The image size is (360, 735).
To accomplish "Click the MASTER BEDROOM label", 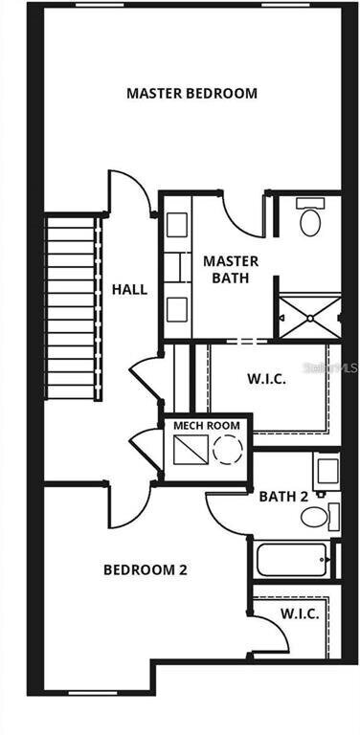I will (x=191, y=94).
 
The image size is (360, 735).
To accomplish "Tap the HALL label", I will (x=129, y=289).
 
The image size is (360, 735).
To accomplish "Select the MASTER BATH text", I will (x=226, y=269).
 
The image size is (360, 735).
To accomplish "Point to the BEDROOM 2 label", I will (x=145, y=570).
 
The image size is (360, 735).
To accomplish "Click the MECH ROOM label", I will (x=204, y=425).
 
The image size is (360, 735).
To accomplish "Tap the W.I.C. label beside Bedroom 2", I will (x=300, y=613).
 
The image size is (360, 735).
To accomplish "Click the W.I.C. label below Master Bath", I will (x=266, y=379).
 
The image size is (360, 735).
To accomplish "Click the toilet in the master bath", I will (x=309, y=219).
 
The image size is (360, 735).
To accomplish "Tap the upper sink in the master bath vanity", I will (x=177, y=225).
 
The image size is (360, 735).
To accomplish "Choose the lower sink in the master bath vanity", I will (x=177, y=309).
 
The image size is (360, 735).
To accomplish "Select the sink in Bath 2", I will (x=326, y=470).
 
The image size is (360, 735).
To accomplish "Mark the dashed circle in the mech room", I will (x=228, y=450).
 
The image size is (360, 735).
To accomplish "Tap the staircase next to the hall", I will (x=74, y=308).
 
